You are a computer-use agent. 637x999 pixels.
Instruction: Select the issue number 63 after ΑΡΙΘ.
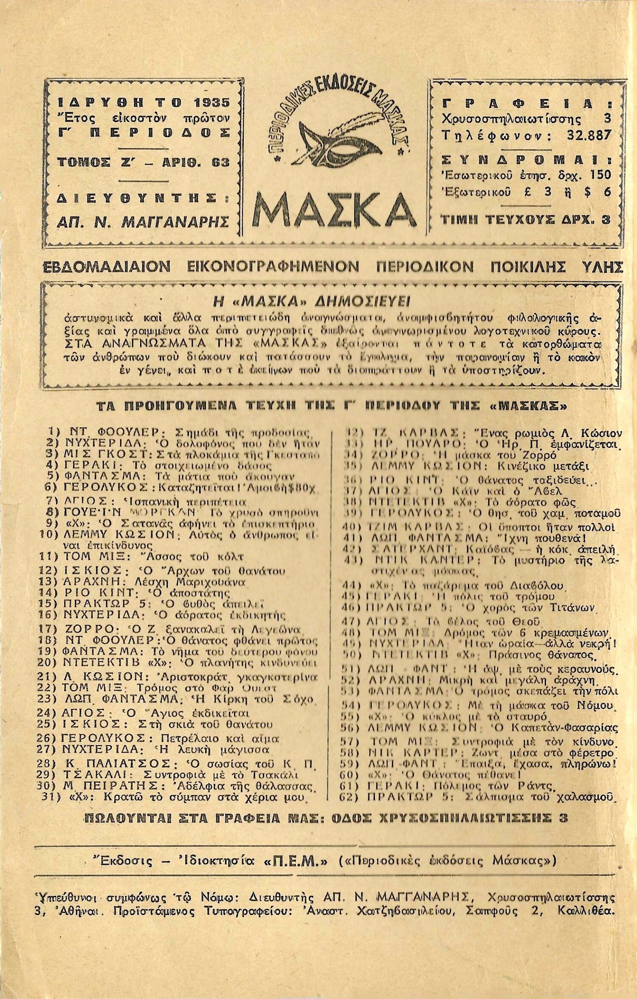click(220, 162)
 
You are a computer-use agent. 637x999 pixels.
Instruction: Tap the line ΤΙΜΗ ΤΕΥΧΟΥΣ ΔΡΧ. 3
click(526, 219)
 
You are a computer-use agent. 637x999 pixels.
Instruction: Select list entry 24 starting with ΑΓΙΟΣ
click(155, 713)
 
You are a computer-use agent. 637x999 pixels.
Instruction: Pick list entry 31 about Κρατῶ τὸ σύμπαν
click(174, 797)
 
